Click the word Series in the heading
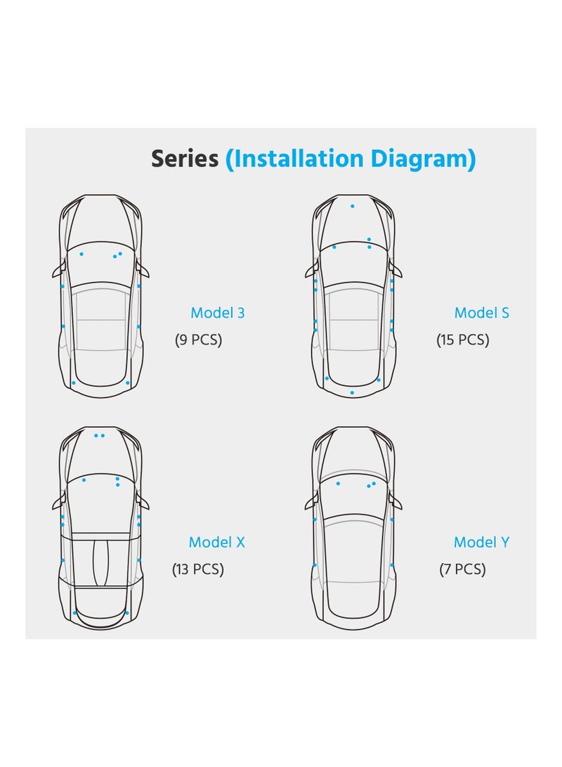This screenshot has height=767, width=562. (x=185, y=159)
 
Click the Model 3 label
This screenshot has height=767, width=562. (x=218, y=313)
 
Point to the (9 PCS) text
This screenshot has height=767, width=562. (x=198, y=340)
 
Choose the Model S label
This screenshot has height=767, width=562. (x=481, y=313)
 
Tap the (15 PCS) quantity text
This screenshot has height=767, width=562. (x=462, y=340)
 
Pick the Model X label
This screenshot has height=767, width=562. (x=216, y=542)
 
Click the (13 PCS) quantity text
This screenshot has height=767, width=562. (x=198, y=569)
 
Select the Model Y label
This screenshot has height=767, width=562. (x=481, y=542)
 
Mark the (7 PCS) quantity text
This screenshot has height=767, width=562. (x=462, y=569)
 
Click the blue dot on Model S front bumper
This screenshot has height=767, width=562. (x=352, y=206)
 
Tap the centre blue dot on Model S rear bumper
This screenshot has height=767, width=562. (x=352, y=392)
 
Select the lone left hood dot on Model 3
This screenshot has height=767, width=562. (x=81, y=253)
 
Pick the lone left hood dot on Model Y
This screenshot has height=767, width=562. (x=338, y=483)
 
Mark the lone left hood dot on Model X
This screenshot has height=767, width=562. (x=84, y=479)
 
